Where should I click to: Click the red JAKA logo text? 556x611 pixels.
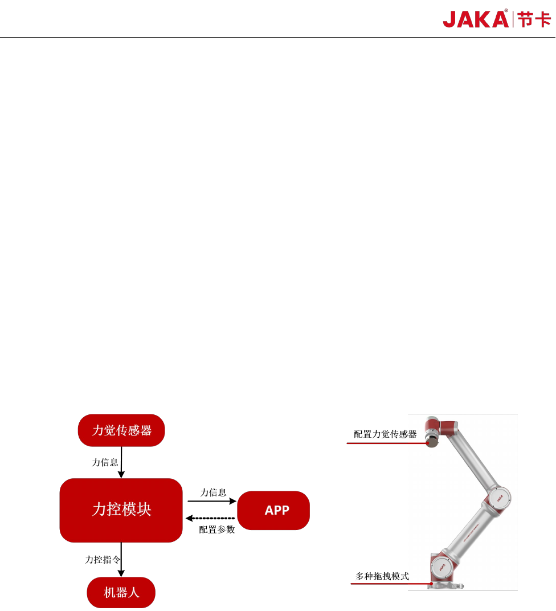pyautogui.click(x=476, y=19)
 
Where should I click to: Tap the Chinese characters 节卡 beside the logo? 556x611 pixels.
pyautogui.click(x=534, y=19)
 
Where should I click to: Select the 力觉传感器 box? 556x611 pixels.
pyautogui.click(x=121, y=430)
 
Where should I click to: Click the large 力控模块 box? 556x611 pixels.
pyautogui.click(x=121, y=510)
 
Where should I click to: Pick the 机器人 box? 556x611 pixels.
pyautogui.click(x=121, y=592)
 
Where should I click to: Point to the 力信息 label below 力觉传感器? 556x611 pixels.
pyautogui.click(x=105, y=462)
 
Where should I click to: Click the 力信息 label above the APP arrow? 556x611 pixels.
pyautogui.click(x=213, y=492)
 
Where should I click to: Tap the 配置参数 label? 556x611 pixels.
pyautogui.click(x=217, y=529)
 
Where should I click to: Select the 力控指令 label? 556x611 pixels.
pyautogui.click(x=103, y=560)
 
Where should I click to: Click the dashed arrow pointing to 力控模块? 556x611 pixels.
pyautogui.click(x=210, y=518)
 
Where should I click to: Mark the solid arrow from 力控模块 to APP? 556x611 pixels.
pyautogui.click(x=211, y=502)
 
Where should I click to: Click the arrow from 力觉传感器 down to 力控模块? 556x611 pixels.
pyautogui.click(x=121, y=462)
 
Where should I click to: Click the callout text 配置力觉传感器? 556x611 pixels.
pyautogui.click(x=385, y=434)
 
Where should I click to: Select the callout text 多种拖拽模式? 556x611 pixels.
pyautogui.click(x=382, y=576)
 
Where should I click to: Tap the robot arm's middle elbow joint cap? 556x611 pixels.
pyautogui.click(x=498, y=497)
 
